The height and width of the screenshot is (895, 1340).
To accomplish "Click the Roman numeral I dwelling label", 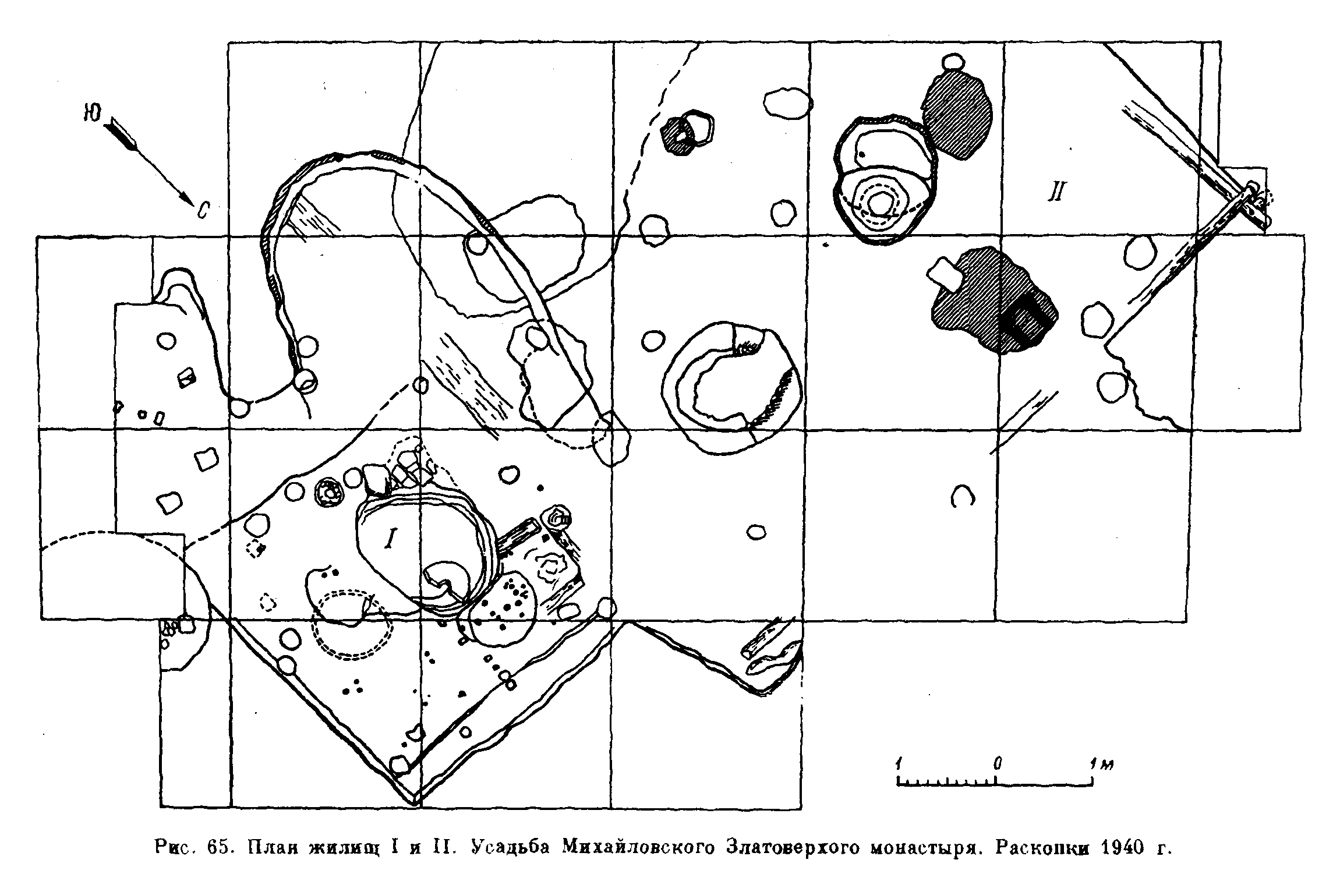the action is click(x=389, y=540).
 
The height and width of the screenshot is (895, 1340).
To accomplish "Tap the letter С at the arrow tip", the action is click(x=202, y=211).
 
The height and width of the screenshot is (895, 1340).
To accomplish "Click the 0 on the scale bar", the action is click(x=998, y=763).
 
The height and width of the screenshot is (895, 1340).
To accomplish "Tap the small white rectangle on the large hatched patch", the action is click(x=945, y=274).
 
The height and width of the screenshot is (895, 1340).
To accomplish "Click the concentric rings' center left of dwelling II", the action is click(x=878, y=203).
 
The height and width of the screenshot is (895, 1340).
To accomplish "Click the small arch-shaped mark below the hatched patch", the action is click(x=962, y=496).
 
